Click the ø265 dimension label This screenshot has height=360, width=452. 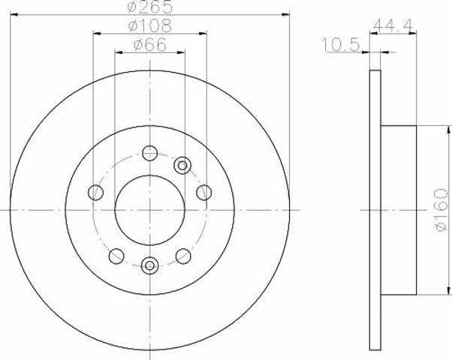(150, 6)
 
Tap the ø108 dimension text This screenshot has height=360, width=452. (150, 25)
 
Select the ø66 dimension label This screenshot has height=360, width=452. (150, 45)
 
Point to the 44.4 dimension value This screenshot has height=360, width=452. (393, 25)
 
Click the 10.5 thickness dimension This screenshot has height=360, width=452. (341, 45)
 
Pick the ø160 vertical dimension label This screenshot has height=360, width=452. (442, 210)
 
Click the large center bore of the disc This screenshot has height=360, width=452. (150, 210)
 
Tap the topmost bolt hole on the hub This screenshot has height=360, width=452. (150, 153)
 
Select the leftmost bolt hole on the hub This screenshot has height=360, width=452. (95, 193)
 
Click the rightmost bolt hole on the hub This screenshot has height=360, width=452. (204, 193)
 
